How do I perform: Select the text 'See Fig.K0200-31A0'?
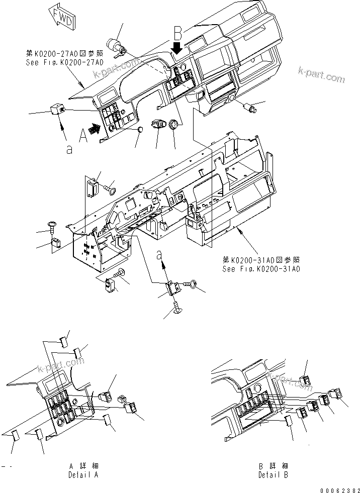[261, 269]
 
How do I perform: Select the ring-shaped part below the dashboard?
[174, 124]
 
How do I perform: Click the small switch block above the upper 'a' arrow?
[56, 108]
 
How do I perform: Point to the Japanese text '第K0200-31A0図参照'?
[261, 260]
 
